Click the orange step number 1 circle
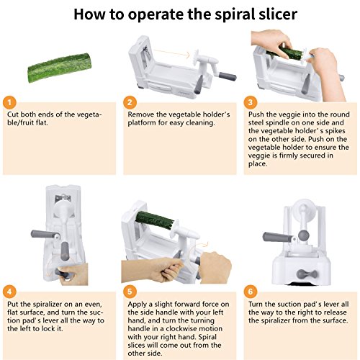point(9,103)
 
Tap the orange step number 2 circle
point(130,103)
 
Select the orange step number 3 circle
point(251,103)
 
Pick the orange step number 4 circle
point(9,292)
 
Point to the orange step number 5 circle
point(130,292)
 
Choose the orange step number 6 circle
point(251,292)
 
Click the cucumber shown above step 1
point(60,68)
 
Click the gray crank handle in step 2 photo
point(228,76)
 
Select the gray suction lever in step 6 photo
point(307,274)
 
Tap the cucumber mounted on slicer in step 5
point(155,220)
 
